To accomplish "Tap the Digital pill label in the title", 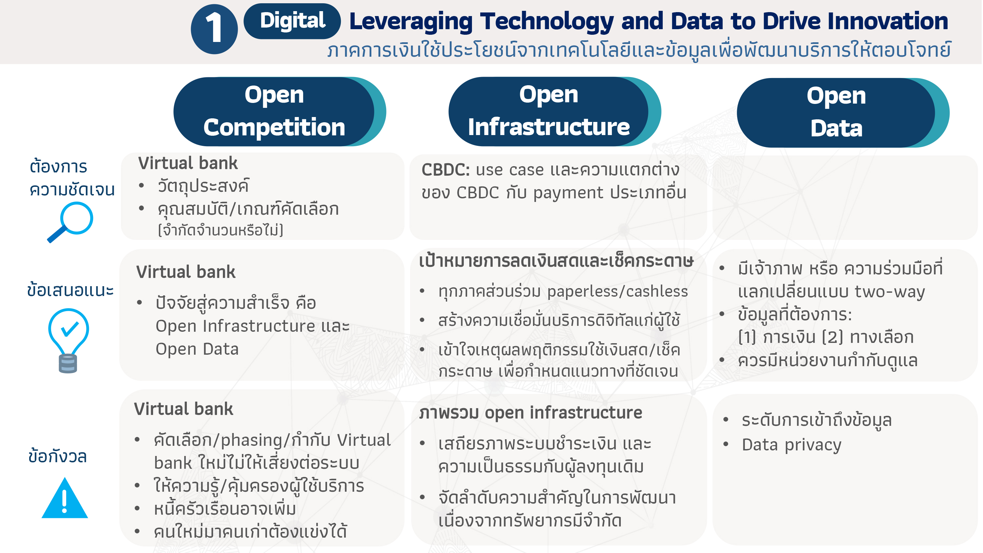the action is click(292, 21).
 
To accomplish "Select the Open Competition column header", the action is click(279, 111).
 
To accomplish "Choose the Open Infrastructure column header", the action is click(555, 111).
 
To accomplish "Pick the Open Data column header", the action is click(843, 112).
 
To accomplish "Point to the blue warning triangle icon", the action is click(65, 498).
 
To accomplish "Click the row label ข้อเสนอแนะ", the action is click(70, 290).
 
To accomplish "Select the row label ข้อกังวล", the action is click(58, 456).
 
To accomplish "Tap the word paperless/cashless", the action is click(618, 291).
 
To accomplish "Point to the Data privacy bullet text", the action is click(792, 445).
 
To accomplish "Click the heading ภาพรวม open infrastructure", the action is click(531, 413).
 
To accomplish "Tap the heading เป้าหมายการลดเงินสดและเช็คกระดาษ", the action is click(556, 261).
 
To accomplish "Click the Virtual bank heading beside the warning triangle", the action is click(184, 409).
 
